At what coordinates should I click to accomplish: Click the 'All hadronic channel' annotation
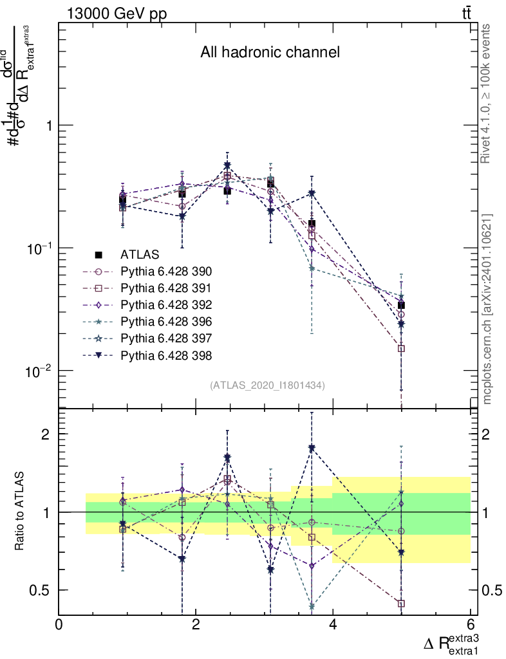click(270, 53)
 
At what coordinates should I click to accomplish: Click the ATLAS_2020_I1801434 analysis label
click(267, 385)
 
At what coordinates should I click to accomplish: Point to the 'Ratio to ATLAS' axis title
click(21, 512)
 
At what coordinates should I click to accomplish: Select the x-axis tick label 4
click(333, 625)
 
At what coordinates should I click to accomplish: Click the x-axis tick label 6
click(470, 625)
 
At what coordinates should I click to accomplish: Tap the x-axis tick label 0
click(59, 625)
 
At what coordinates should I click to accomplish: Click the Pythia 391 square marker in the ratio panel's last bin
click(401, 604)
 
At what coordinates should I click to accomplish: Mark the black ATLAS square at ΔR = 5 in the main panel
click(401, 306)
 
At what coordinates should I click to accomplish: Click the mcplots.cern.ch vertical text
click(488, 310)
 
